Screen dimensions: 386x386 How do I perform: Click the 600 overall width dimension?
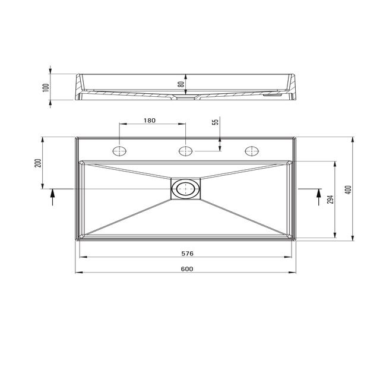[x=187, y=269]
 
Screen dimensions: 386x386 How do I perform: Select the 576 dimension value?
[x=187, y=254]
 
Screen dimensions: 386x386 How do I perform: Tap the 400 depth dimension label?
[x=349, y=189]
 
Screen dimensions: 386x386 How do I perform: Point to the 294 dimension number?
[x=331, y=200]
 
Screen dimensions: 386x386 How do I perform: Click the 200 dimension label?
[x=38, y=163]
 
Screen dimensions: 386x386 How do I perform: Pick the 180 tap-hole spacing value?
[x=150, y=121]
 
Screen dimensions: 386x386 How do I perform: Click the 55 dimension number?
[x=216, y=122]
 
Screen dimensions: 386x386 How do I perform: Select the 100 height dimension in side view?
[x=46, y=88]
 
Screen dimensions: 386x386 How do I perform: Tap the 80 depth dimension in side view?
[x=181, y=84]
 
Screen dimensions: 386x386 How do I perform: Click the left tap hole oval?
[x=119, y=151]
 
